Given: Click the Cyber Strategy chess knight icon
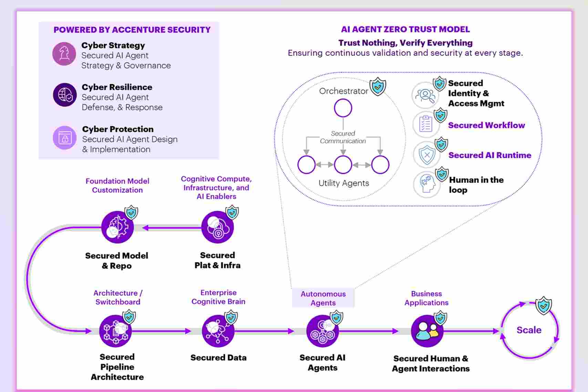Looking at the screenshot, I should click(64, 54).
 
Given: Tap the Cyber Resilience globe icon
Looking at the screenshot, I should click(65, 95).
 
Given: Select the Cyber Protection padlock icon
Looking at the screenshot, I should click(64, 137).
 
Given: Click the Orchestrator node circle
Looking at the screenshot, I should click(343, 108).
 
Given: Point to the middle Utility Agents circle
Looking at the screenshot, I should click(343, 165).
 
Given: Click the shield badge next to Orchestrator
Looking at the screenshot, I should click(378, 86).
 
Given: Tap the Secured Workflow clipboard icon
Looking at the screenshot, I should click(426, 124).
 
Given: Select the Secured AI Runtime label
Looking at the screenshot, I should click(489, 155).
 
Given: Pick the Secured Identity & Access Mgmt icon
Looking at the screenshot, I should click(425, 95).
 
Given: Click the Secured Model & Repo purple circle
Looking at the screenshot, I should click(117, 227).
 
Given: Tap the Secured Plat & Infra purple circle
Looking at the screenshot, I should click(217, 227).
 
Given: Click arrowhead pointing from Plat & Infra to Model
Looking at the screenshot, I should click(145, 228).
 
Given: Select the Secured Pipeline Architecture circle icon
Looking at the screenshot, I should click(115, 331).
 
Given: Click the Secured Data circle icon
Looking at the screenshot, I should click(218, 331).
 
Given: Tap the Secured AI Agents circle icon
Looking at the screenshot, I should click(322, 331).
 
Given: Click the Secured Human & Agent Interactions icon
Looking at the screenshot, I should click(427, 331).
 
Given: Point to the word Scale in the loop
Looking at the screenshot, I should click(529, 330).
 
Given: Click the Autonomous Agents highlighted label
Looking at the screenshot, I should click(323, 298).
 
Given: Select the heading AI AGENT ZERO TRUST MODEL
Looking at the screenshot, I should click(405, 29).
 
